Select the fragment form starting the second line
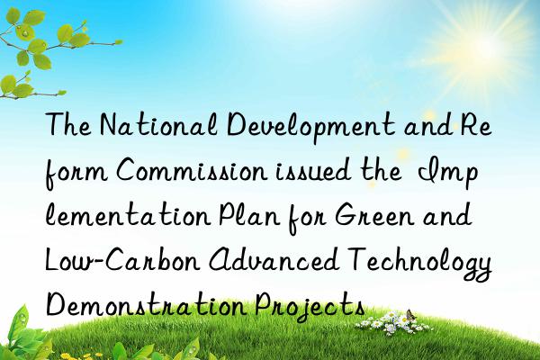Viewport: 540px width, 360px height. [x=71, y=173]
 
